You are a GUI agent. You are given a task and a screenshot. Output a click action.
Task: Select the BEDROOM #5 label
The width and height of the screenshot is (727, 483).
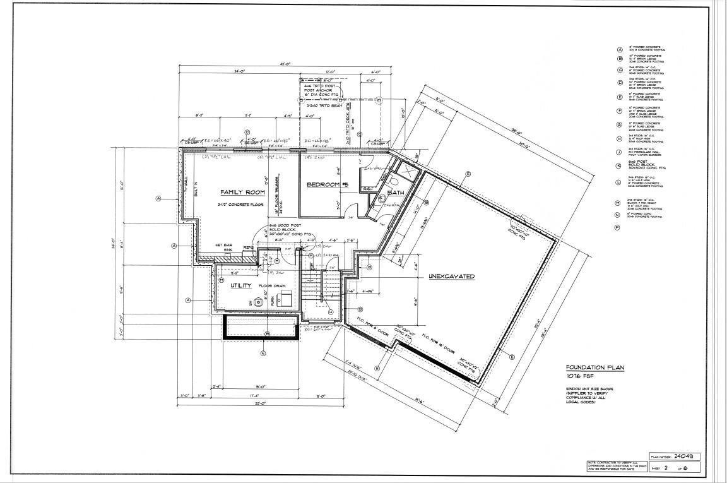(x=328, y=184)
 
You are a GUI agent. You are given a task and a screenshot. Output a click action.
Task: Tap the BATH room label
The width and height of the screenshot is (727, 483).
(x=396, y=193)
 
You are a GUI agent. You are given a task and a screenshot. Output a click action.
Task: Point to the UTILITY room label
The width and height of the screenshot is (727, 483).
(x=240, y=285)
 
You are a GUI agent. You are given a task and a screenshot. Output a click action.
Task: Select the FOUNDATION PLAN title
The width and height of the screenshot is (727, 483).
(x=589, y=367)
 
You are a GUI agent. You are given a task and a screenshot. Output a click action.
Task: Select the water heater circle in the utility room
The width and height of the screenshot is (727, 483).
(x=258, y=302)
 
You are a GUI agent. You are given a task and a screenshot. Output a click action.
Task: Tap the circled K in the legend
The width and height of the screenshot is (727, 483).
(x=620, y=166)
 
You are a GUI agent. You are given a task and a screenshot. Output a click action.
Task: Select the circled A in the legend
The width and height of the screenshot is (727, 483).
(x=620, y=49)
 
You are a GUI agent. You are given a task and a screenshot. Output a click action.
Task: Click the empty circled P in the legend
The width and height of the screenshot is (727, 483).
(x=620, y=227)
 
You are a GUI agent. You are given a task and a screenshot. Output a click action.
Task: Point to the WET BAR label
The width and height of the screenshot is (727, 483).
(x=223, y=245)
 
